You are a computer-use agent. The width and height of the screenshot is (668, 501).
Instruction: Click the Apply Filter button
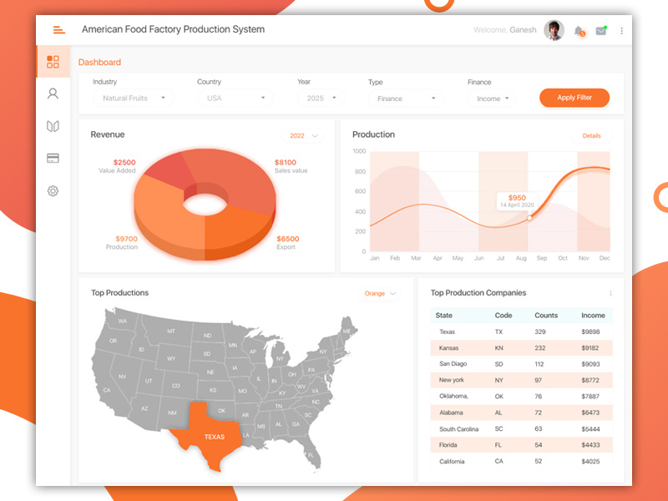coord(574,98)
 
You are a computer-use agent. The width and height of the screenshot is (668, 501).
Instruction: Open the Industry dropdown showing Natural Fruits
coord(132,99)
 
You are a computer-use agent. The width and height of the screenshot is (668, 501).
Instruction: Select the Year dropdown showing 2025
coord(321,99)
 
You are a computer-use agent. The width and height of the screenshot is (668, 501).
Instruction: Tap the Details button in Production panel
coord(591,135)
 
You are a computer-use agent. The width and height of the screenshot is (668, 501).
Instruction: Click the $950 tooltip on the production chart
coord(517,200)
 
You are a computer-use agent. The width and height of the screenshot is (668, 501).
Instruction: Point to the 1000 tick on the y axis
coord(359,151)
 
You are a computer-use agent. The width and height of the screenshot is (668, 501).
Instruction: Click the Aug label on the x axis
coord(521,259)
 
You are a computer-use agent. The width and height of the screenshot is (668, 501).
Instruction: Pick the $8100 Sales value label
coord(286,163)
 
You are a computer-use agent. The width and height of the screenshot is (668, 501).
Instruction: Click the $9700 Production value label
coord(126,239)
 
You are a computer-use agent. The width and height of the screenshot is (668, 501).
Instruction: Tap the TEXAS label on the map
coord(215,437)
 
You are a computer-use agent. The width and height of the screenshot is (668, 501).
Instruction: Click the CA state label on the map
coord(107,390)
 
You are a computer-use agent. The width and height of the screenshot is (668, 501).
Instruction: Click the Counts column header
coord(546,316)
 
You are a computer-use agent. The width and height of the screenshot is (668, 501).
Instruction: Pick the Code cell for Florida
coord(498,445)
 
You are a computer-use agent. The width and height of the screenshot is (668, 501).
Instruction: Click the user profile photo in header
coord(554,30)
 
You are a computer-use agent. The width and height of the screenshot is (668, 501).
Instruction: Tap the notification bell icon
coord(579,31)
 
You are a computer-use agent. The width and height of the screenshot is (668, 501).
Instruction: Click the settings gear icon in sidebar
coord(53,191)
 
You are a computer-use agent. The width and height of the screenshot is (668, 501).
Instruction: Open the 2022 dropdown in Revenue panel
coord(303,135)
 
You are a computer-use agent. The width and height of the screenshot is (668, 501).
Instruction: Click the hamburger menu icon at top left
coord(58,30)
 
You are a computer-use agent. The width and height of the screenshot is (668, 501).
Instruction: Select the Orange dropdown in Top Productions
coord(380,293)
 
